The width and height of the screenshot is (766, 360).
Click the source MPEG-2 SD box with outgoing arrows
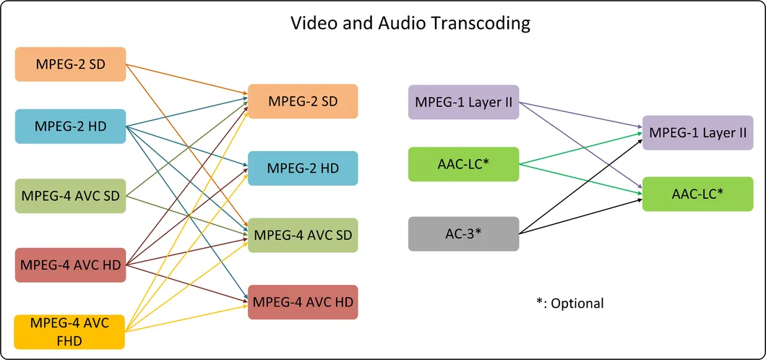point(70,64)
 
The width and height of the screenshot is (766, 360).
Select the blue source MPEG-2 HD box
point(70,127)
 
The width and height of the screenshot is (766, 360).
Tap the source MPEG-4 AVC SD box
point(70,195)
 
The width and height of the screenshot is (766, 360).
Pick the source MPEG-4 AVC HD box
point(70,265)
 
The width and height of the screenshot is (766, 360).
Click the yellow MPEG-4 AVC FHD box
point(70,331)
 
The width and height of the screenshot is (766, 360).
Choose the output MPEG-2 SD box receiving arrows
point(303,101)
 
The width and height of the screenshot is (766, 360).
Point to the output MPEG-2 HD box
point(303,168)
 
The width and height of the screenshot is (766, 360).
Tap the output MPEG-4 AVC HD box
point(303,302)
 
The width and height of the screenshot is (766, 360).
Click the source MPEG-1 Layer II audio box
point(463,102)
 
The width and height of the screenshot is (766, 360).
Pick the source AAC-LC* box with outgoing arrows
point(463,164)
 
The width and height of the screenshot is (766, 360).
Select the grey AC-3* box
point(463,233)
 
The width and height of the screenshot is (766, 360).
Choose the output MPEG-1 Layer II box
point(697,132)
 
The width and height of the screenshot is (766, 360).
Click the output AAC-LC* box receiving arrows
point(697,194)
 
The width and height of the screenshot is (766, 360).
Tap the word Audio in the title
point(395,23)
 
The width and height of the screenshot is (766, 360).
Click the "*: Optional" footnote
point(570,303)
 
